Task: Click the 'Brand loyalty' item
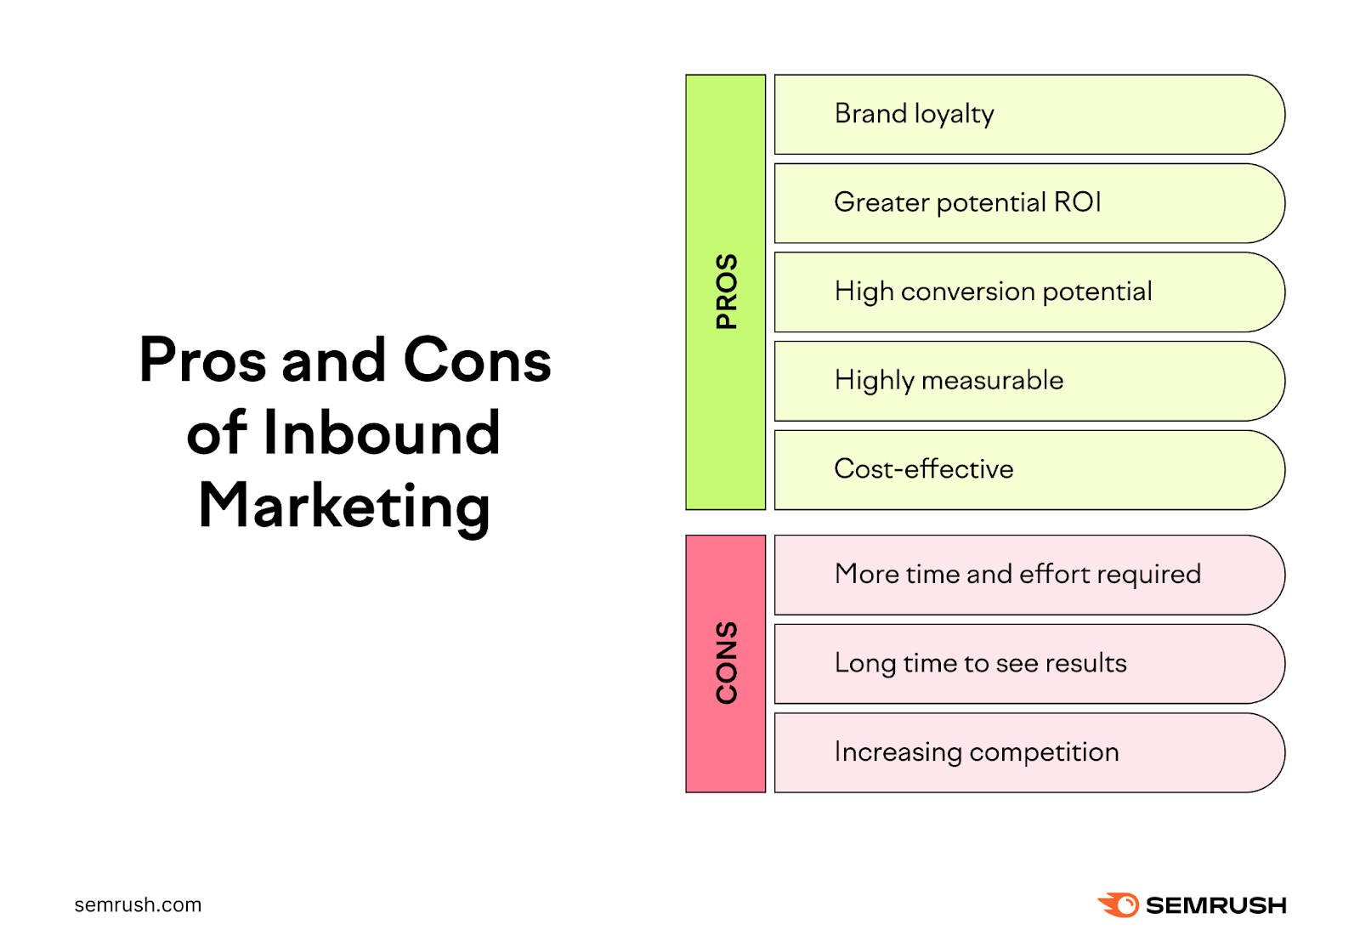click(x=914, y=114)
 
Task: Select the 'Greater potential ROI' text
click(x=966, y=202)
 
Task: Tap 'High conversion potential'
click(x=993, y=292)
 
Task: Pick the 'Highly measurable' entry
click(x=949, y=380)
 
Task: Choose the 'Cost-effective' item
click(x=923, y=469)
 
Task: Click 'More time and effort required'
click(x=1017, y=575)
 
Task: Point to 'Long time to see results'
click(x=980, y=663)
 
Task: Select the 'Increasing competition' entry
click(x=976, y=752)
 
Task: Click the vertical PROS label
click(x=726, y=292)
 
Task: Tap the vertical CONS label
click(x=726, y=663)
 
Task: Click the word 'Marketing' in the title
click(x=344, y=506)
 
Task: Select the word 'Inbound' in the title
click(x=382, y=433)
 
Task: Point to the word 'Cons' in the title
click(x=477, y=360)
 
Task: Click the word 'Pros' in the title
click(x=203, y=360)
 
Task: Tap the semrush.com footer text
click(x=138, y=904)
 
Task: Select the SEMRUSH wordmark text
click(x=1215, y=905)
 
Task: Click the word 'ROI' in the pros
click(x=1077, y=202)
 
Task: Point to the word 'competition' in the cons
click(x=1044, y=752)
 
